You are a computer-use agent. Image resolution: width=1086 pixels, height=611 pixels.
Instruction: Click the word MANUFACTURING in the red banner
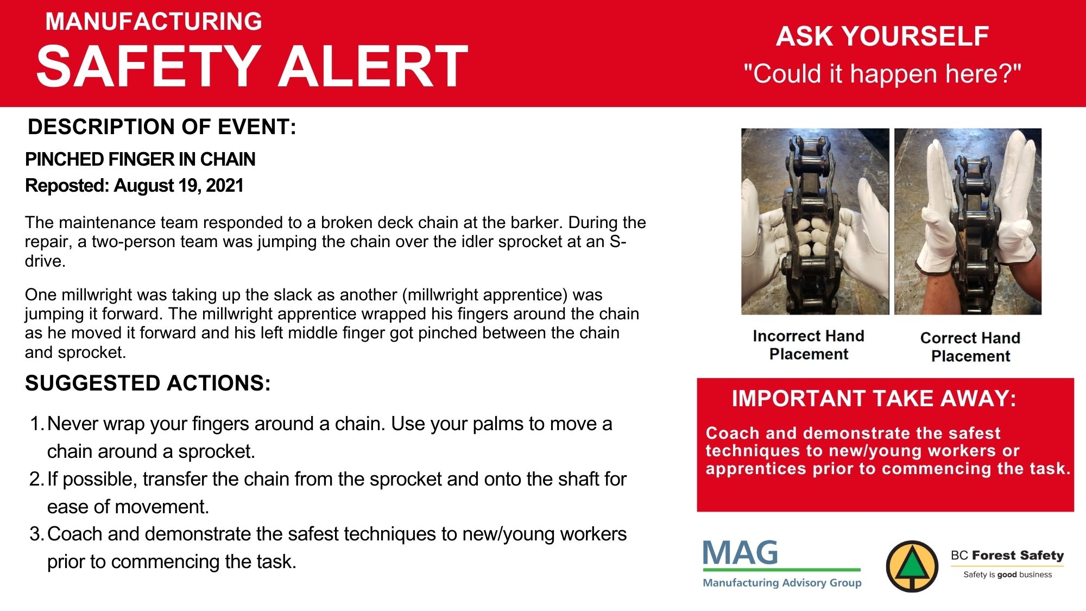(154, 22)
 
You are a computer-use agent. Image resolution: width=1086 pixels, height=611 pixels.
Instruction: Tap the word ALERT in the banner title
(373, 66)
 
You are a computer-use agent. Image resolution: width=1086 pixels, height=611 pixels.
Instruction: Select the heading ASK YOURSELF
(882, 36)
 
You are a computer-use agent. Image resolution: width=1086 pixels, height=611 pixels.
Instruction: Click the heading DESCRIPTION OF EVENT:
(162, 127)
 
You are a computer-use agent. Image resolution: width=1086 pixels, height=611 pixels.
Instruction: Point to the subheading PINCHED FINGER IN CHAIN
(140, 159)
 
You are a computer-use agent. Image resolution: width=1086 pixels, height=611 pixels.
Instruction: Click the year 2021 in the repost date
(225, 186)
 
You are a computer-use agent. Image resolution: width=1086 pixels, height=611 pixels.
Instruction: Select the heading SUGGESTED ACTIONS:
(148, 383)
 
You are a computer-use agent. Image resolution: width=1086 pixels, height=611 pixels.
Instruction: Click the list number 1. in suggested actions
(37, 424)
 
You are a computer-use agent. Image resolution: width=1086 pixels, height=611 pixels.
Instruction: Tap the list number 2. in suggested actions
(37, 479)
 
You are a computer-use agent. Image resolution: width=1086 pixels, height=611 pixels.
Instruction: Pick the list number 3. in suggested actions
(37, 534)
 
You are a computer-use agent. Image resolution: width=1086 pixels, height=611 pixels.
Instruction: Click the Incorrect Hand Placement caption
(809, 345)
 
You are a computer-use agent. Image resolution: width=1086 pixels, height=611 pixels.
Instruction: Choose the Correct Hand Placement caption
(970, 347)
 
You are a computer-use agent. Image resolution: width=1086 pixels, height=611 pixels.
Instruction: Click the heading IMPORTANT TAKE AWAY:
(874, 399)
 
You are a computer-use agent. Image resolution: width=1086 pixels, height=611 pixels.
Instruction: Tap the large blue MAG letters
(740, 553)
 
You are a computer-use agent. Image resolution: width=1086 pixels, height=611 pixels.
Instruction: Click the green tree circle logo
(912, 566)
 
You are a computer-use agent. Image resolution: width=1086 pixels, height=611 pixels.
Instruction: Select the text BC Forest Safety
(1007, 555)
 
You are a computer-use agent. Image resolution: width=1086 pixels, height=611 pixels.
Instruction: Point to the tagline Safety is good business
(1007, 575)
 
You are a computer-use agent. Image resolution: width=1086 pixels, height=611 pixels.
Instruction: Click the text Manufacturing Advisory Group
(782, 583)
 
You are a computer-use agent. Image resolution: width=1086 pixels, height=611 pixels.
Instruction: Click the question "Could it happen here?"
(882, 74)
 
